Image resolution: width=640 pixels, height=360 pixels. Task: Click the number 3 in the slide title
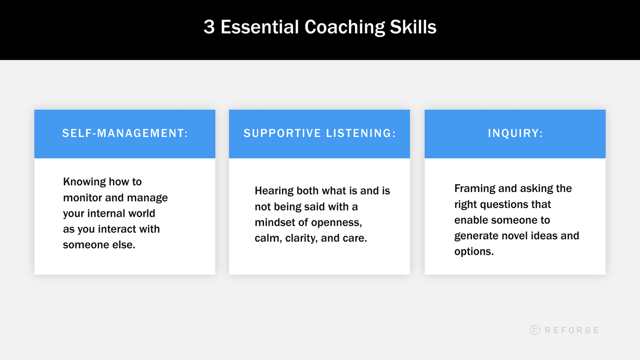click(x=209, y=27)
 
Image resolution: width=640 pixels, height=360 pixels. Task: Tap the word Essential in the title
click(x=259, y=27)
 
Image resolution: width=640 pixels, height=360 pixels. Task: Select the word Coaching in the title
click(x=345, y=27)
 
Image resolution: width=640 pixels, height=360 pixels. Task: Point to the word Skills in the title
click(x=413, y=27)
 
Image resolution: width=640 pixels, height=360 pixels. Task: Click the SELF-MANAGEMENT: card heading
click(x=125, y=134)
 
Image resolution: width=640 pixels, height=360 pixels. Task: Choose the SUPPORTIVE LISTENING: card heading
click(x=320, y=134)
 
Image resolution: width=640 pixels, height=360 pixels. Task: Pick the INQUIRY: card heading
click(x=515, y=134)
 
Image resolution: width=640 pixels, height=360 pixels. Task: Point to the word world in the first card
click(x=143, y=213)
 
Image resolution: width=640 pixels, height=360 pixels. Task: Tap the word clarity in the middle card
click(x=301, y=238)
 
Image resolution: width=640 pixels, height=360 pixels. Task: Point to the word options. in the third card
click(x=474, y=252)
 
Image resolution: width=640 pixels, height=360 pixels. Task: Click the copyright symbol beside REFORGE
click(x=535, y=330)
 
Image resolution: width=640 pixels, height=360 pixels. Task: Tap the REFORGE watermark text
click(x=572, y=330)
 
